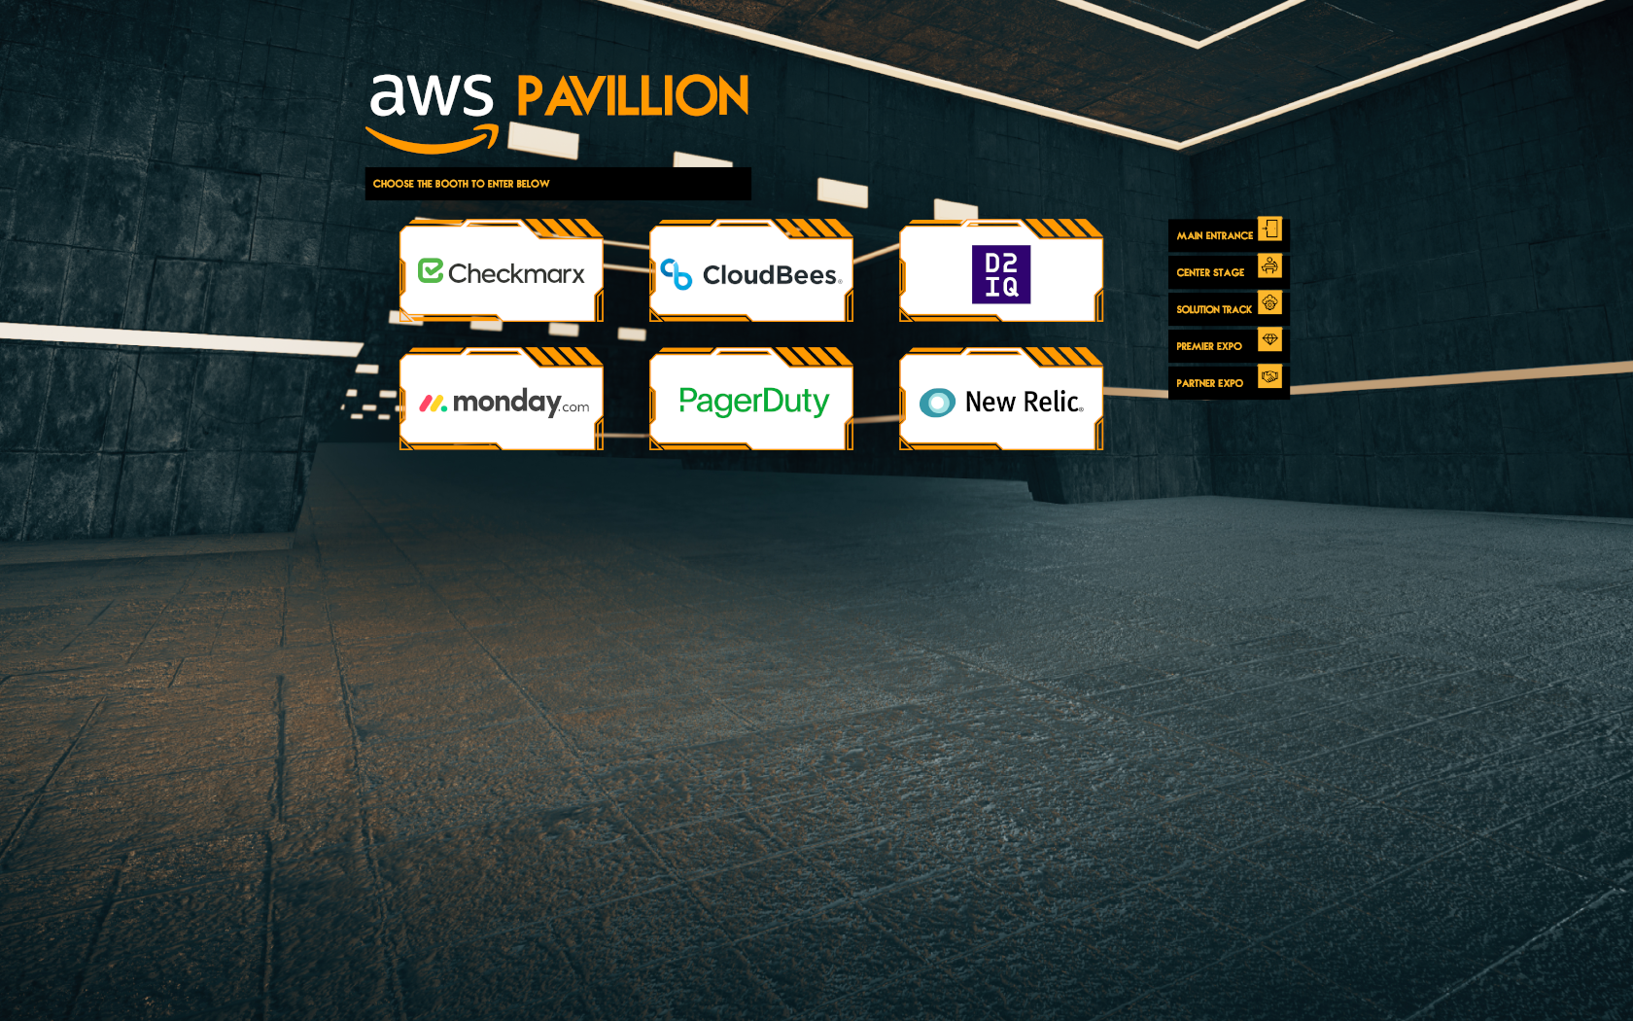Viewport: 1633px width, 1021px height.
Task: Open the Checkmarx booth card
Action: (x=502, y=273)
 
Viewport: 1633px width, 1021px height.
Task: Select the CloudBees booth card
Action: (x=751, y=273)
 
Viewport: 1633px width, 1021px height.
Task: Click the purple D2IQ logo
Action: (x=1001, y=274)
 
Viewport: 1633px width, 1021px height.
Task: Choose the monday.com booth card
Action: (x=502, y=402)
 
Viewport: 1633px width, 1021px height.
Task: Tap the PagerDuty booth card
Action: (x=751, y=402)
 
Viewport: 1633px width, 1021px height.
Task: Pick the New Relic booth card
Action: (x=1001, y=402)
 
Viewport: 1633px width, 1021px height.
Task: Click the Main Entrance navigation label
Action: (x=1214, y=235)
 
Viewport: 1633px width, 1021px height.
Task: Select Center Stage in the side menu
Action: (x=1210, y=272)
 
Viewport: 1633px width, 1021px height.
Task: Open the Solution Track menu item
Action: (x=1214, y=309)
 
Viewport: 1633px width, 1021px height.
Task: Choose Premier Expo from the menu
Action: (x=1209, y=346)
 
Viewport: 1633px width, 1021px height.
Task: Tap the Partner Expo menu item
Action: (x=1209, y=383)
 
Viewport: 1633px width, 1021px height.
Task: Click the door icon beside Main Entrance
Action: (x=1270, y=229)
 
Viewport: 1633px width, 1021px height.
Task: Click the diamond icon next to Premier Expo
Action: (x=1270, y=339)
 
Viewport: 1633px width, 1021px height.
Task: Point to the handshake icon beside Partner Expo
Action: (x=1270, y=376)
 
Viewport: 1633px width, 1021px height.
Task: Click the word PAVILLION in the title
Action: (x=633, y=97)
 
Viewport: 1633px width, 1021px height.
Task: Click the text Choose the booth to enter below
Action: (x=461, y=184)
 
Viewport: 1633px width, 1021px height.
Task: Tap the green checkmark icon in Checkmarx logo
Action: (x=431, y=270)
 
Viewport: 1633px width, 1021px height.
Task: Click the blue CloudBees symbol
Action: (x=677, y=274)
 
